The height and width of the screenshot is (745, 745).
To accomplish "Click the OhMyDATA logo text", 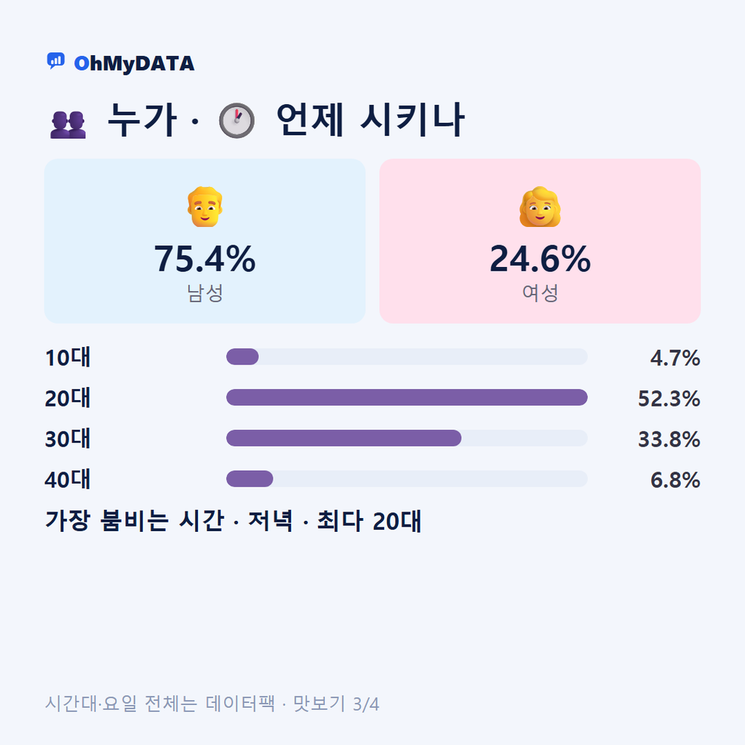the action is pos(134,64).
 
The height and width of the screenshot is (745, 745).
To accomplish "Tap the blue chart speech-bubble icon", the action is pos(55,61).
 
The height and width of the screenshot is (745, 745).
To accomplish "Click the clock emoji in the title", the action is pos(236,120).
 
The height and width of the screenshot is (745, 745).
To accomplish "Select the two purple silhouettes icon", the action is pos(68,125).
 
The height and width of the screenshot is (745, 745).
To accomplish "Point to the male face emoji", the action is pos(204,207).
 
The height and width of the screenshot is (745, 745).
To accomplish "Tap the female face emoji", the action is pos(541,207).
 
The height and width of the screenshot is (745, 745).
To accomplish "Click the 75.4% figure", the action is pos(204,259).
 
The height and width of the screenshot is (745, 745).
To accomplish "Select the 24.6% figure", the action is pos(541,259).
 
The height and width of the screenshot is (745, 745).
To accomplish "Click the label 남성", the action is pos(204,292).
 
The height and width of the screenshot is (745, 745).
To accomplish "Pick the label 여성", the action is pos(541,292).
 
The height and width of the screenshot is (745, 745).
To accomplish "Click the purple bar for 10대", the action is pos(242,356).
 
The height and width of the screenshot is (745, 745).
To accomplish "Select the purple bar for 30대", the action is pos(343,438).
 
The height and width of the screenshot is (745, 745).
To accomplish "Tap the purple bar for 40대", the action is pos(250,479).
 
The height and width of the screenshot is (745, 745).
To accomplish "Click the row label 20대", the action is pos(68,398).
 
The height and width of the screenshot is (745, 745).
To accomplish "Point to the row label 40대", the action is pos(68,479).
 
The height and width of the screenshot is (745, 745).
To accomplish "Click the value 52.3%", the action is pos(669,399).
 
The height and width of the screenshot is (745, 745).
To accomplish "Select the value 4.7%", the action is pos(675,358).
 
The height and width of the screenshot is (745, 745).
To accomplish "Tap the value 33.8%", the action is pos(669,439).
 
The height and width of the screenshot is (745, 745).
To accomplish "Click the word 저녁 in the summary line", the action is pos(271,521).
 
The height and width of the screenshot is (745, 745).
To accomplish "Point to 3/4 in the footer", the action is pos(366,704).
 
